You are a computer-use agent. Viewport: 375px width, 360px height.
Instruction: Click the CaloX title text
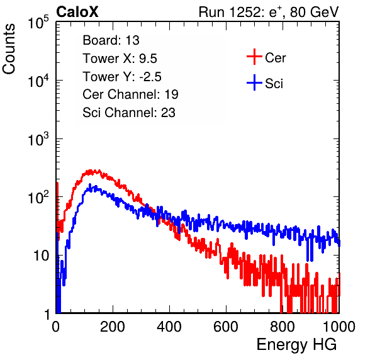77,12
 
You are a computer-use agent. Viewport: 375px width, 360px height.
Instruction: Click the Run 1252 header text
269,12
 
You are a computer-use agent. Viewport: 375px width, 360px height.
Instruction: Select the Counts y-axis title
9,49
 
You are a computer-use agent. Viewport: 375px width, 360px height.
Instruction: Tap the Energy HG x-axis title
296,344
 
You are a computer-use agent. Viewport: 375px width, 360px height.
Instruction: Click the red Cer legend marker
254,57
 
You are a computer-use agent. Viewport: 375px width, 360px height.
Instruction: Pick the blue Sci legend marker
254,82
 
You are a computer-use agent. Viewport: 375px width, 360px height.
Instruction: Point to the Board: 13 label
111,40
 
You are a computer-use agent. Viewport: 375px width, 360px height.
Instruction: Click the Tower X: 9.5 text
120,59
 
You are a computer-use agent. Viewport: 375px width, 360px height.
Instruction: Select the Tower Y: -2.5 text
122,77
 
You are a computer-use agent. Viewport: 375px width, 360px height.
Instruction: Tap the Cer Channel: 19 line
130,94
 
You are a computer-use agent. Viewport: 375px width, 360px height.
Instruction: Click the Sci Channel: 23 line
129,113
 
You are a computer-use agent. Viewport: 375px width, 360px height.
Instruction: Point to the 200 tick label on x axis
113,327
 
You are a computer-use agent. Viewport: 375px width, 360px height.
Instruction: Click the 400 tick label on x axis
169,327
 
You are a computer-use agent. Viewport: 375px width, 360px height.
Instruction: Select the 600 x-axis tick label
226,327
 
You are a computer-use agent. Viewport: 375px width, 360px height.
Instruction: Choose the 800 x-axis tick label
283,327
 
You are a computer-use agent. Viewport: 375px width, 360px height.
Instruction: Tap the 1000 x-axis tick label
339,327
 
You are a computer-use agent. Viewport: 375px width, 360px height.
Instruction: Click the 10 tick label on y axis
42,256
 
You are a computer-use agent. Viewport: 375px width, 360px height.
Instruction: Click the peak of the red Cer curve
90,171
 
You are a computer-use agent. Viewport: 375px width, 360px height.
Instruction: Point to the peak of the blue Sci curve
90,184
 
